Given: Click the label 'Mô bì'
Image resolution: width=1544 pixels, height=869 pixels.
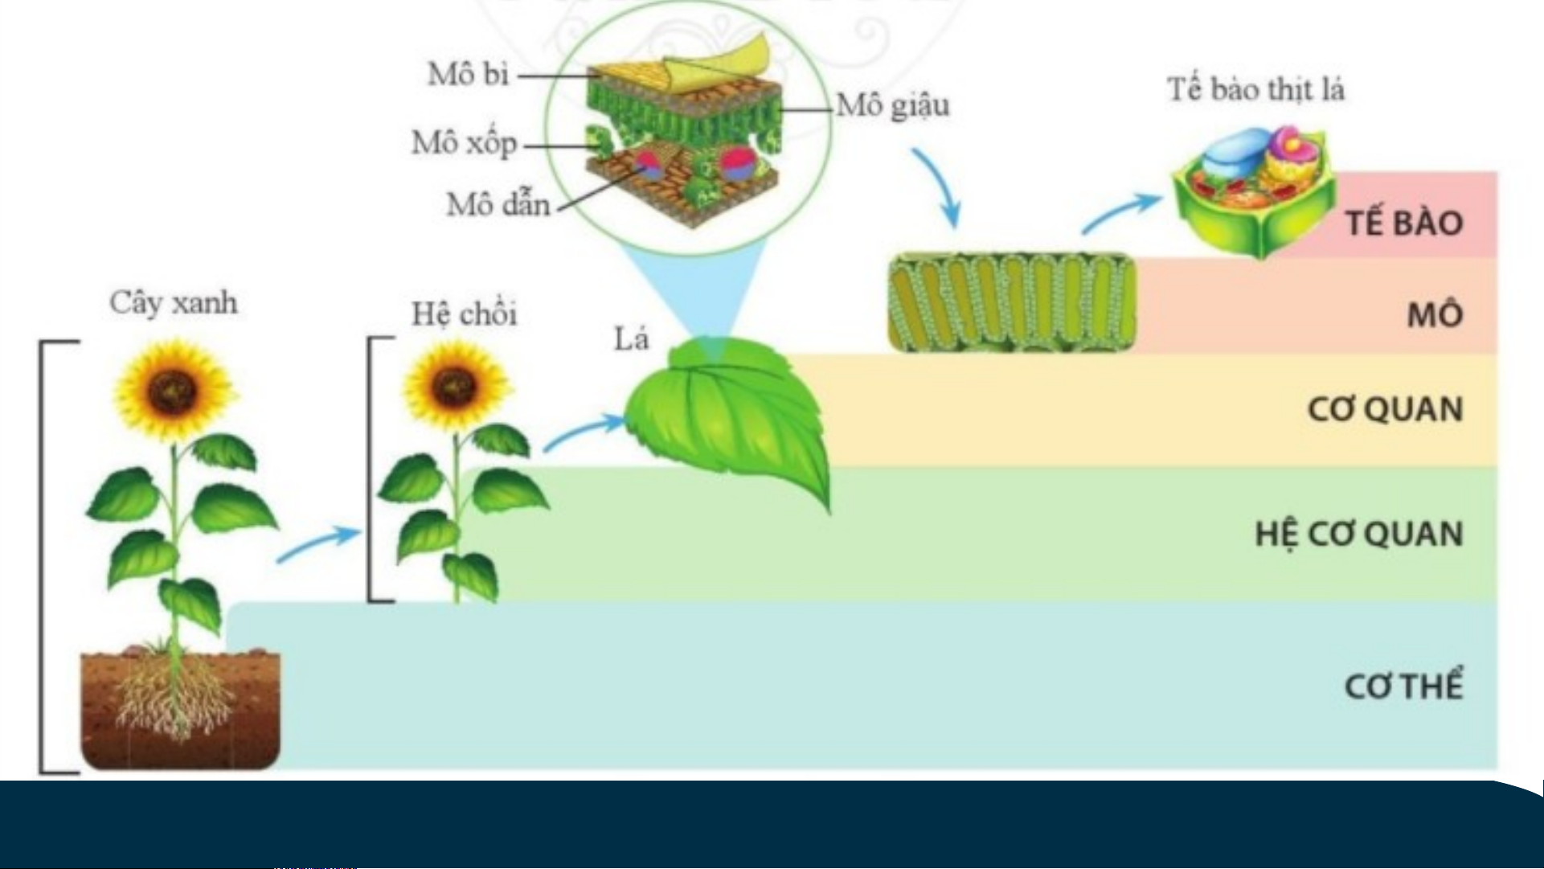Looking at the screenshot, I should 469,74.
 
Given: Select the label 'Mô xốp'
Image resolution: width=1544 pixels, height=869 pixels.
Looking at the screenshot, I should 464,143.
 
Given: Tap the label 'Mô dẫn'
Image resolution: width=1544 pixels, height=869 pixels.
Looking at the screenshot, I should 498,204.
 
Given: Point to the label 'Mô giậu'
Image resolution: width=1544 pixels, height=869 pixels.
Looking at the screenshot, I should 893,106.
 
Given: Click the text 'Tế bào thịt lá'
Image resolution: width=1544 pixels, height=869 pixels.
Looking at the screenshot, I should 1256,89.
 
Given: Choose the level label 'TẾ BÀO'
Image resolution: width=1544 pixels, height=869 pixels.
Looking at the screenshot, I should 1404,223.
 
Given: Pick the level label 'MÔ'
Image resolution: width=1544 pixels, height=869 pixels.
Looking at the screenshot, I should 1434,314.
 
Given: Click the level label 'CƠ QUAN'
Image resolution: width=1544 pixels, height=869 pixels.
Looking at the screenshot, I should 1385,409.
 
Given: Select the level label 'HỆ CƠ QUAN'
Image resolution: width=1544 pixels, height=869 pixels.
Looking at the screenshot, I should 1358,535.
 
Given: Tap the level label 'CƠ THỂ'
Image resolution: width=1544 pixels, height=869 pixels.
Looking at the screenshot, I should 1403,686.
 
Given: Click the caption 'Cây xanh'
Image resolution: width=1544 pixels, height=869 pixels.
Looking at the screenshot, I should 174,303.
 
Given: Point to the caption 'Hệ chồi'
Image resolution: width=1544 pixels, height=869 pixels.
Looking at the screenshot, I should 464,314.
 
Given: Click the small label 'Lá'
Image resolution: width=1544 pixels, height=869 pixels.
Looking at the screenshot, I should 631,339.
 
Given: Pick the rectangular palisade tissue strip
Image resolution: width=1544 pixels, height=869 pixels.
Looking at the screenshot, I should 1012,302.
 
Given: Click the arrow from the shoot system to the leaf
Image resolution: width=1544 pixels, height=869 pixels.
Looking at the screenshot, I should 584,432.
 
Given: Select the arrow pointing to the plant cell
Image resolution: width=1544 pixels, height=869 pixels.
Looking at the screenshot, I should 1121,213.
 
